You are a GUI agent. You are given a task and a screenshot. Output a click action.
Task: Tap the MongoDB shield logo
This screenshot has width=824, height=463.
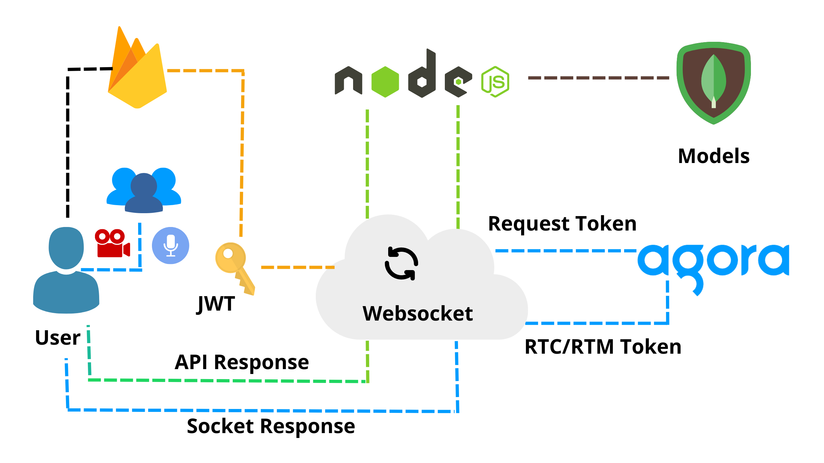pos(714,82)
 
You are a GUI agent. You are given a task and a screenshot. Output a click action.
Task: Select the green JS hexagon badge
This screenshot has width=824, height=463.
pos(495,82)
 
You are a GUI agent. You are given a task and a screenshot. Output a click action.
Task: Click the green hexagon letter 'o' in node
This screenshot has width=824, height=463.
pos(385,82)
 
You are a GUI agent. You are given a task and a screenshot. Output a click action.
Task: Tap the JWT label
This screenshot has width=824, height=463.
pos(216,304)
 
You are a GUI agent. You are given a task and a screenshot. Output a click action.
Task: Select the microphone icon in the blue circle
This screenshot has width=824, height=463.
pos(171,246)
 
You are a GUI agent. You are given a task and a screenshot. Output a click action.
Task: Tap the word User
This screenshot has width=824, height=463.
pos(58,338)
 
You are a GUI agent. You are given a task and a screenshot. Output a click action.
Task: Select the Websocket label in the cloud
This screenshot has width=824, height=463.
pos(417,313)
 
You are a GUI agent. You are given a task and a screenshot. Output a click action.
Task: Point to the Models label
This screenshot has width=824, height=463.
pos(714,156)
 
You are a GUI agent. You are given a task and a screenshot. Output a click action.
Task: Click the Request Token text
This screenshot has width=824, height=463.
pos(562,224)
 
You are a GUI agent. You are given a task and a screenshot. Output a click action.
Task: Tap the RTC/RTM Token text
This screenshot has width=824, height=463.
pos(603,347)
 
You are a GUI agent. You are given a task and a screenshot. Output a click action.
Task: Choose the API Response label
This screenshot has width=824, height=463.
pos(241,362)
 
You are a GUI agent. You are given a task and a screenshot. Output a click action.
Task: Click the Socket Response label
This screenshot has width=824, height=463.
pos(271,426)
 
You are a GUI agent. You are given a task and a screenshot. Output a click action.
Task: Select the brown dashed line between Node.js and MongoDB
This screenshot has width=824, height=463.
pos(599,78)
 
